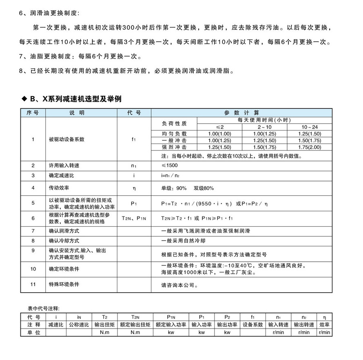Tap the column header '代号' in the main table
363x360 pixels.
(x=133, y=113)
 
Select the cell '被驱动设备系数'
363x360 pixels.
(x=66, y=139)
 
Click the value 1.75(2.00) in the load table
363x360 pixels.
(x=310, y=147)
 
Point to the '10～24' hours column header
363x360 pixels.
(x=310, y=127)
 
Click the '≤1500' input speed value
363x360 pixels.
(x=170, y=166)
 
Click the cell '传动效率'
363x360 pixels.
(x=60, y=188)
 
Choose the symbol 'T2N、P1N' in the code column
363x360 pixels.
(x=133, y=219)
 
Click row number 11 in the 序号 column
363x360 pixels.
(x=33, y=284)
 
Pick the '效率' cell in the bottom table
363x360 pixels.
(x=325, y=325)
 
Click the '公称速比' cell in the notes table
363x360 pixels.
(x=79, y=325)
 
